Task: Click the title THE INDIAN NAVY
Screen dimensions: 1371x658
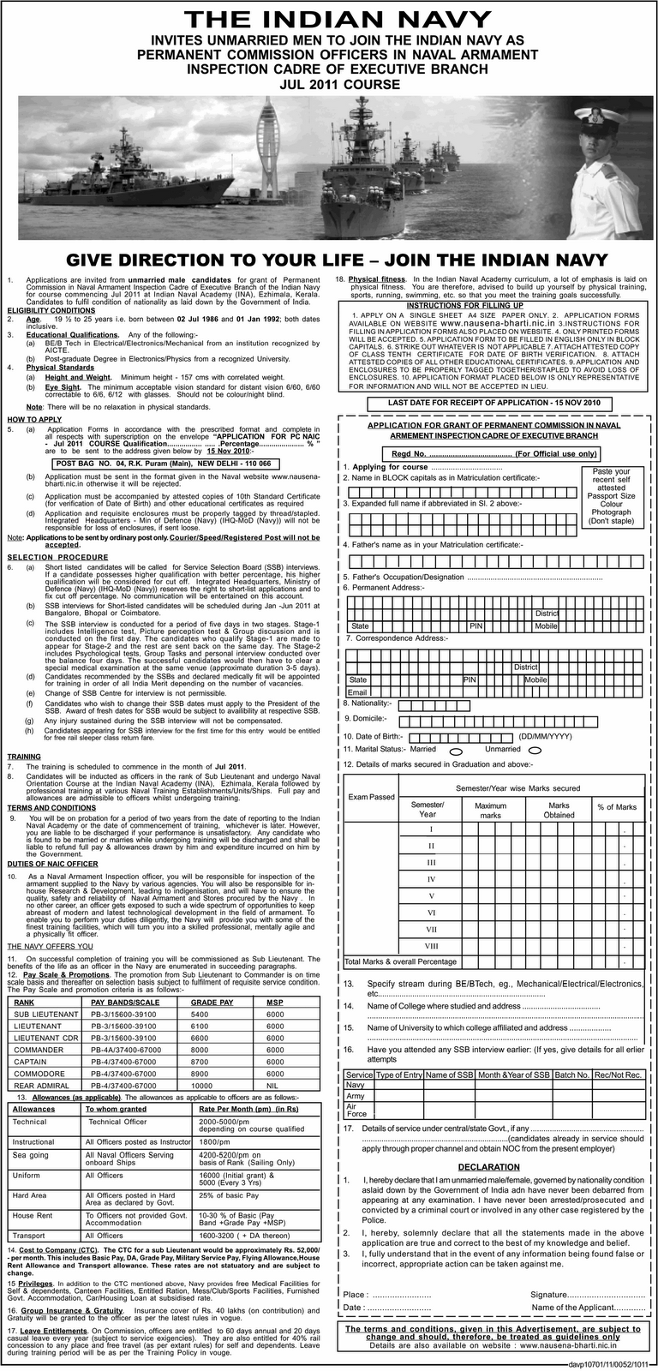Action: tap(328, 20)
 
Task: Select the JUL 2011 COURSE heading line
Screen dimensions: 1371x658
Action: tap(328, 85)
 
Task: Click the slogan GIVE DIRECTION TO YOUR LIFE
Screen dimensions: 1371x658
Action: tap(329, 260)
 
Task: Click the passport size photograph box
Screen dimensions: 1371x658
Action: tap(611, 495)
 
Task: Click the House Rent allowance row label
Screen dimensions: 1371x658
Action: tap(32, 1215)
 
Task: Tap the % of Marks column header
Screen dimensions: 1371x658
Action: tap(617, 806)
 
